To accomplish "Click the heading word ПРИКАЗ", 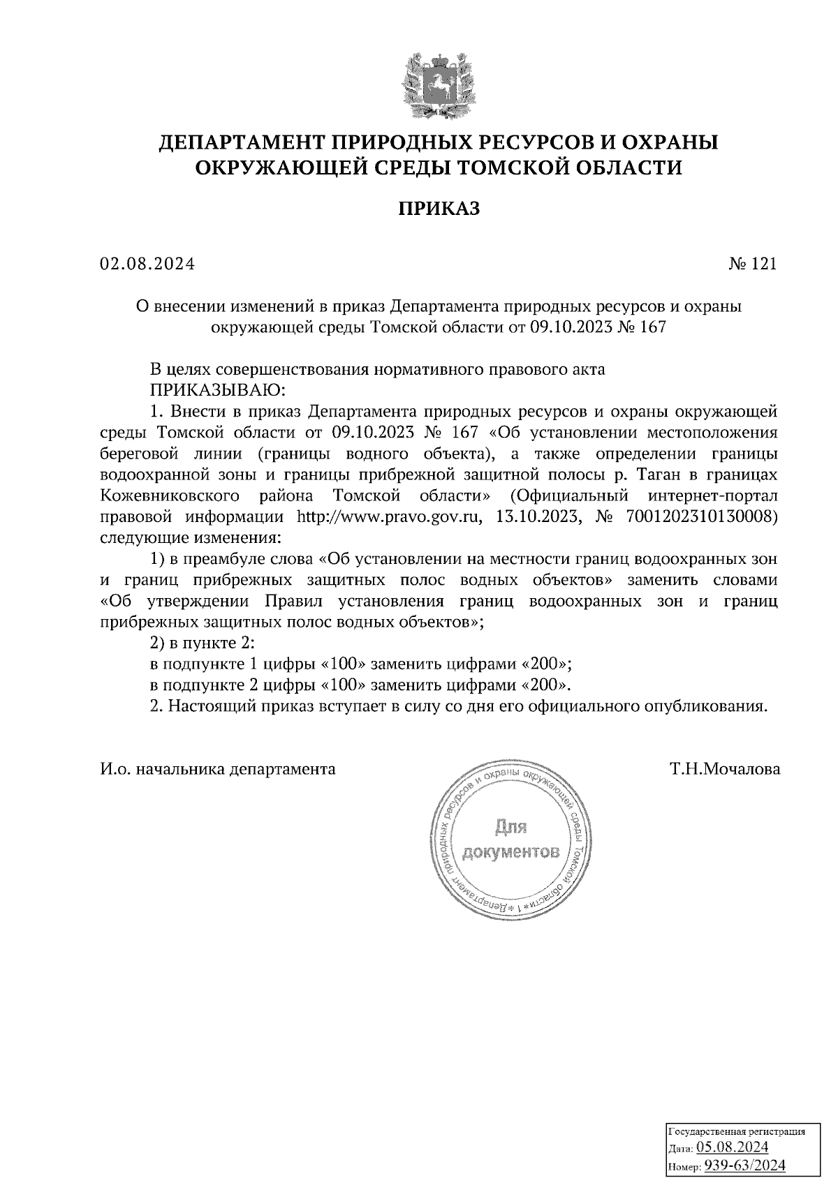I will tap(439, 208).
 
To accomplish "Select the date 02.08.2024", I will tap(147, 264).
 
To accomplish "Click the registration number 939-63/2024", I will tap(744, 1165).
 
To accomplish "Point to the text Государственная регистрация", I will tap(737, 1131).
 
